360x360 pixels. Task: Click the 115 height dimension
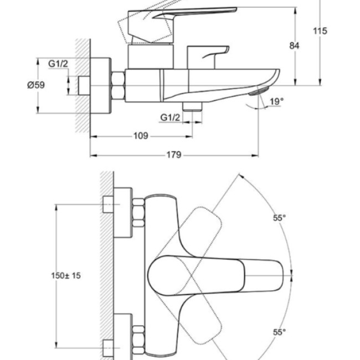click(320, 31)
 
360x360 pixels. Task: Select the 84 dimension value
click(294, 45)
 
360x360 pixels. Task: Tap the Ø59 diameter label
click(36, 85)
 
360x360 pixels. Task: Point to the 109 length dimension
click(141, 136)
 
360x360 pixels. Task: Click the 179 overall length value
click(174, 155)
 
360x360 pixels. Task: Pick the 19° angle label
click(277, 101)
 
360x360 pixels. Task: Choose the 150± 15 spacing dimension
click(66, 275)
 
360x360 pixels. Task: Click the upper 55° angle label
click(279, 218)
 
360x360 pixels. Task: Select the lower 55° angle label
click(279, 332)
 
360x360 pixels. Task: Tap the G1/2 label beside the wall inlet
click(58, 64)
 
